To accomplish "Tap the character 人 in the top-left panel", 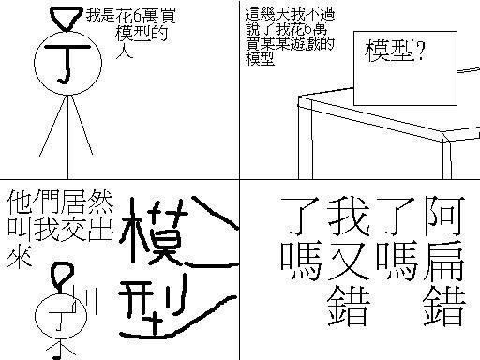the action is (125, 52).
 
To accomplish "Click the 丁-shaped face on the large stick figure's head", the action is (67, 64).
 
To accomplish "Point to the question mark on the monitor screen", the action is (421, 51).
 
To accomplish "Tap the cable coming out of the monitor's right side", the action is (469, 70).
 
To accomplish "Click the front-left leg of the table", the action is (305, 138).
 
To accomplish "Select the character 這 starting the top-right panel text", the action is (253, 13).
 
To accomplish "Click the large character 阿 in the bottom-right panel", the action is (444, 216).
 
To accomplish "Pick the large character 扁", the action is (444, 261).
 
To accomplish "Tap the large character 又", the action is (349, 262).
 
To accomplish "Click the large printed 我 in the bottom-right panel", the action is (349, 216).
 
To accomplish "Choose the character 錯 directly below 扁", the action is (444, 307).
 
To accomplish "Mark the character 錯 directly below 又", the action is (349, 307).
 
